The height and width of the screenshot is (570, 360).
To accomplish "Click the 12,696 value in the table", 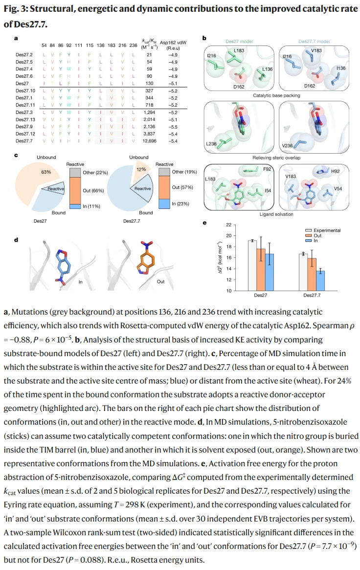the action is (149, 141).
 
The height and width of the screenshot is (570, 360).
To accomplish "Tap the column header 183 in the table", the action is (112, 46).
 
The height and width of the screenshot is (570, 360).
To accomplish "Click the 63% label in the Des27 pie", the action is (46, 172).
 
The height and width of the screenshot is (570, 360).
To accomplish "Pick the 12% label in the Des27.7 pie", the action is (141, 169).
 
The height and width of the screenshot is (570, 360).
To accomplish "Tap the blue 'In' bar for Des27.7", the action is (320, 281).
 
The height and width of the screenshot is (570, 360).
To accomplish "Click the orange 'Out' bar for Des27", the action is (261, 270).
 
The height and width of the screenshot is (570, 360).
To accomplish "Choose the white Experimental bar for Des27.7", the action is (303, 272).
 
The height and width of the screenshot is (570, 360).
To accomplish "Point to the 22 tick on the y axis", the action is (229, 225).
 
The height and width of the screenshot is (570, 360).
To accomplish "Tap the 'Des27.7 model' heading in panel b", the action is (314, 42).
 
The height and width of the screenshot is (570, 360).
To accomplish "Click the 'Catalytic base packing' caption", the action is (276, 95).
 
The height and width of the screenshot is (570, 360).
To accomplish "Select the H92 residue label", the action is (335, 171).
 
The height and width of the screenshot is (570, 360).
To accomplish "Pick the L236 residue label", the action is (211, 144).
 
